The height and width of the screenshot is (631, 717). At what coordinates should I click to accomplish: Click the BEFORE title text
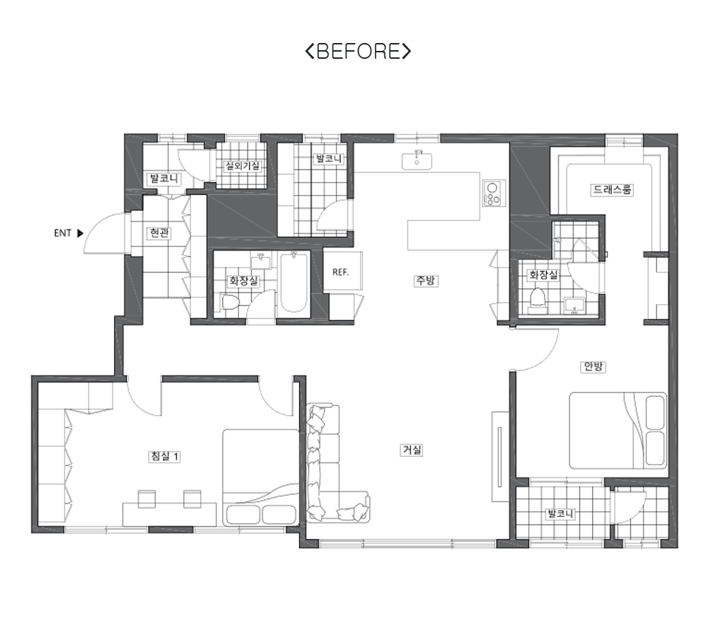click(358, 51)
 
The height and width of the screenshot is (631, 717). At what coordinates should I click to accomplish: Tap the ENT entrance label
click(62, 233)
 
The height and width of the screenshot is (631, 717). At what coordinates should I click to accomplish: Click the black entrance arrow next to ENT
click(80, 233)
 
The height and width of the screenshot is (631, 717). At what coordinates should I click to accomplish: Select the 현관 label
click(159, 233)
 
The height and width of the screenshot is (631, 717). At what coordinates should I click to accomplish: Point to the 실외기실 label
click(242, 166)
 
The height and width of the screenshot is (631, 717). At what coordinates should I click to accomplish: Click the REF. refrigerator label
click(341, 272)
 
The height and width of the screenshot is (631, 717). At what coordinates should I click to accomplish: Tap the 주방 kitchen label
click(426, 280)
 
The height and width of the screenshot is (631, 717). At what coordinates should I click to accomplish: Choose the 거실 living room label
click(412, 450)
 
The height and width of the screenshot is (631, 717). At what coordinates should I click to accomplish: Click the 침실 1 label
click(165, 456)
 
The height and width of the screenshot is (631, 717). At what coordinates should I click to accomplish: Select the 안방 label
click(593, 366)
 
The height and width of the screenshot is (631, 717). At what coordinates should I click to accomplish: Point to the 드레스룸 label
click(612, 189)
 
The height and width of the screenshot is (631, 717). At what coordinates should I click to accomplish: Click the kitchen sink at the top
click(417, 161)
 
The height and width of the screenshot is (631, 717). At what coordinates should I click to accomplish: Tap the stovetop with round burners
click(493, 193)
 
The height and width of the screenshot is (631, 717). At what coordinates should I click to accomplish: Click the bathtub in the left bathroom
click(293, 283)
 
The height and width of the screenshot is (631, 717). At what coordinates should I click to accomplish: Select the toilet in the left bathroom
click(230, 303)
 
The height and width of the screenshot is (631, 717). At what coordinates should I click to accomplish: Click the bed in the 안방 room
click(618, 430)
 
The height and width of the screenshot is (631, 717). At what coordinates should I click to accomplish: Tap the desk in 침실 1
click(170, 514)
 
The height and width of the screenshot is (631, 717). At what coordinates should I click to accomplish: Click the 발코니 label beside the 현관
click(163, 179)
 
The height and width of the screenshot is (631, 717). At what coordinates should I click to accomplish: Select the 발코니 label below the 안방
click(561, 513)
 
